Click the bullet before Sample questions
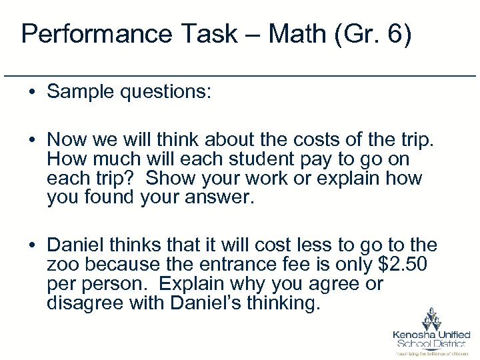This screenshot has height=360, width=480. (x=32, y=92)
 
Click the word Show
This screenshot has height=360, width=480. (x=170, y=179)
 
